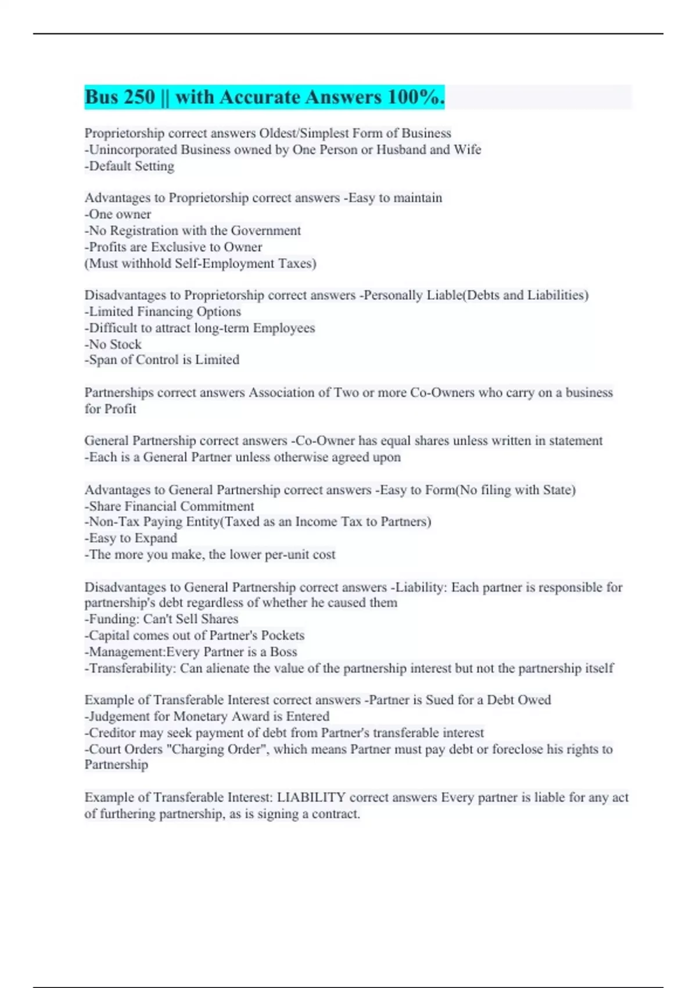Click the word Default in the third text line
[110, 166]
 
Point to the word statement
[576, 441]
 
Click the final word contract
[336, 814]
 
